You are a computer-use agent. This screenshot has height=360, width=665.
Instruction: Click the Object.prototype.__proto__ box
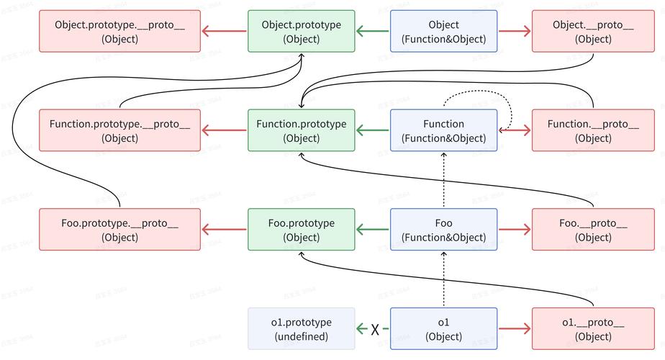[119, 31]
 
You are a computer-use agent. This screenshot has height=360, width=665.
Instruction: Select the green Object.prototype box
[301, 31]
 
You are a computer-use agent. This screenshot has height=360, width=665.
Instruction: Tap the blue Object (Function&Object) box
[443, 31]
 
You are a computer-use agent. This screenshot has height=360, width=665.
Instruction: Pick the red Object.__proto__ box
[593, 31]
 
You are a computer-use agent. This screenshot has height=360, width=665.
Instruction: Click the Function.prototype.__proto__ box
[119, 130]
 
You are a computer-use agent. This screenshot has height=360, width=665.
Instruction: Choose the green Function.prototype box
[301, 130]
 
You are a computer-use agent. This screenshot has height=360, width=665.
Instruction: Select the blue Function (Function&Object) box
[443, 130]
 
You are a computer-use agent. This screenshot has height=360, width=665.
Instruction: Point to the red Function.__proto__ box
[593, 130]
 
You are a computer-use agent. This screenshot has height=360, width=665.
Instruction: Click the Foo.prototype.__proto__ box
[119, 230]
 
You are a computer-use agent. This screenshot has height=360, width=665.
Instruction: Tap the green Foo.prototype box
[301, 230]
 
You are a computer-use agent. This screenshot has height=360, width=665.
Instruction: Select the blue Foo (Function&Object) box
[443, 230]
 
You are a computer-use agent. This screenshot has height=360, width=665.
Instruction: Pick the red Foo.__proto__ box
[593, 230]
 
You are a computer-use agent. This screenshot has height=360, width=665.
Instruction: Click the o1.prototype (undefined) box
[301, 329]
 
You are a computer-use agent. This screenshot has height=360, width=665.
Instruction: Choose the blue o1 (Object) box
[443, 329]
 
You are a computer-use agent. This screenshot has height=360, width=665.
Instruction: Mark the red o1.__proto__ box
[593, 329]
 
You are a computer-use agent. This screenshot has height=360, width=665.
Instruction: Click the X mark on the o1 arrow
[375, 330]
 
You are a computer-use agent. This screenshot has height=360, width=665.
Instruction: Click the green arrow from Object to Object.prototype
[373, 31]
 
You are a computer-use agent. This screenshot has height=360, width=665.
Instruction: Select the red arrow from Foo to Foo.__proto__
[515, 230]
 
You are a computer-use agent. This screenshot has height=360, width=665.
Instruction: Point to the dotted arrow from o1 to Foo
[443, 281]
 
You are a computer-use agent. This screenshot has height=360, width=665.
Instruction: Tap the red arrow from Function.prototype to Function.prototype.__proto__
[225, 130]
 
